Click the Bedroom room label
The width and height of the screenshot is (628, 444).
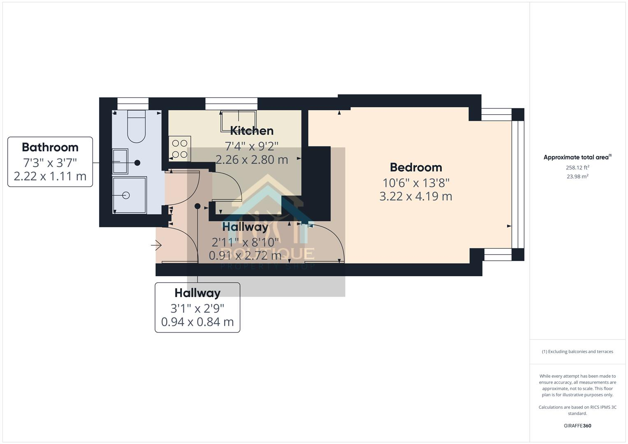[416, 167]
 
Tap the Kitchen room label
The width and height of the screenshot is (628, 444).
[252, 131]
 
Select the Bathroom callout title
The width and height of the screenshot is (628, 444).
[50, 147]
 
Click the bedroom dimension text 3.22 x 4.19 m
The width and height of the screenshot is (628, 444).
[416, 196]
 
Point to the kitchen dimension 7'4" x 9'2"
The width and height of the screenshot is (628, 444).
[252, 146]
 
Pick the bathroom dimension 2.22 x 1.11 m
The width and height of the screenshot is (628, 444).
[50, 176]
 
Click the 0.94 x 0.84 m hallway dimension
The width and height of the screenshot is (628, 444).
[197, 322]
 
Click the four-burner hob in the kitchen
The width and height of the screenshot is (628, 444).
[180, 149]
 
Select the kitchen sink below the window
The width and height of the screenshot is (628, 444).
[238, 121]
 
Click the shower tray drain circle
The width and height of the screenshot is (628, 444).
[126, 196]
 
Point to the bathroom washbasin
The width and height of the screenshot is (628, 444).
[120, 162]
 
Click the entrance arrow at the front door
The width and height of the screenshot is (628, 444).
[156, 246]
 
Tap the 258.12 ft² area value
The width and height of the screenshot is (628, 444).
[577, 167]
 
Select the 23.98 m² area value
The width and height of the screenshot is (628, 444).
[577, 176]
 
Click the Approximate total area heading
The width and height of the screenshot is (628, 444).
[577, 157]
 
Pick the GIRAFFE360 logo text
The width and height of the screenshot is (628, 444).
[577, 425]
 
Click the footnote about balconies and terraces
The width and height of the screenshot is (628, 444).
[577, 351]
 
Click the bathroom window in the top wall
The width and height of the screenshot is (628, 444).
[133, 104]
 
